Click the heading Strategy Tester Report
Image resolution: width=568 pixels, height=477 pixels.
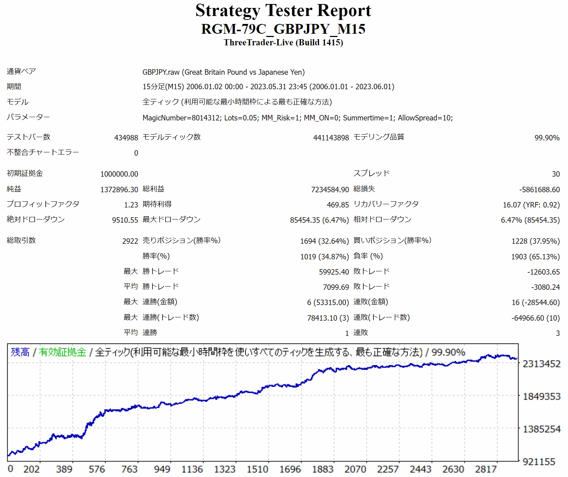[283, 11]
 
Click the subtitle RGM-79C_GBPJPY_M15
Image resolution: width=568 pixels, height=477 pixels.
[283, 29]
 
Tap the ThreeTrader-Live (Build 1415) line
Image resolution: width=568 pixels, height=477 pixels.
[283, 42]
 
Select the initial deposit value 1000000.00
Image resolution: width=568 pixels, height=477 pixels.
[119, 174]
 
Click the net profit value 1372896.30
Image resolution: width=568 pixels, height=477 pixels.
[119, 190]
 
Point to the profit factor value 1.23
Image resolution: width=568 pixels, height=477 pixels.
[131, 205]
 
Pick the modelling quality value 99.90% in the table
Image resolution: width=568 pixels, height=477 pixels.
[547, 138]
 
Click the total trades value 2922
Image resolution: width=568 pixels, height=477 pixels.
[130, 241]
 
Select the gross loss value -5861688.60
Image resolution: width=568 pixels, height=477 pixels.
[539, 190]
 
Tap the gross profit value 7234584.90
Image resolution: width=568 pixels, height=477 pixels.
[330, 190]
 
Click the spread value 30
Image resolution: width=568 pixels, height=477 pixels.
[556, 174]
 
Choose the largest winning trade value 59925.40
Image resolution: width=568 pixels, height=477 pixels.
[334, 272]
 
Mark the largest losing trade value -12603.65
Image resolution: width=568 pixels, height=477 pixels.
[543, 272]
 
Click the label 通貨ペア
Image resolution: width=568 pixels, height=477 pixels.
[21, 71]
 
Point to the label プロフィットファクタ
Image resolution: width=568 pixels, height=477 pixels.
[43, 204]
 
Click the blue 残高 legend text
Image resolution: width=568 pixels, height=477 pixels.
[20, 352]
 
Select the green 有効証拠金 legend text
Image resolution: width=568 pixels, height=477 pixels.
[62, 352]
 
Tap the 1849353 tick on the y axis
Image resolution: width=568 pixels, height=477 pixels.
[542, 396]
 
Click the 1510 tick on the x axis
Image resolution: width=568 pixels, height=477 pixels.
[257, 469]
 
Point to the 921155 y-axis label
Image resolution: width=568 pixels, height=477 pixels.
[539, 462]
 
